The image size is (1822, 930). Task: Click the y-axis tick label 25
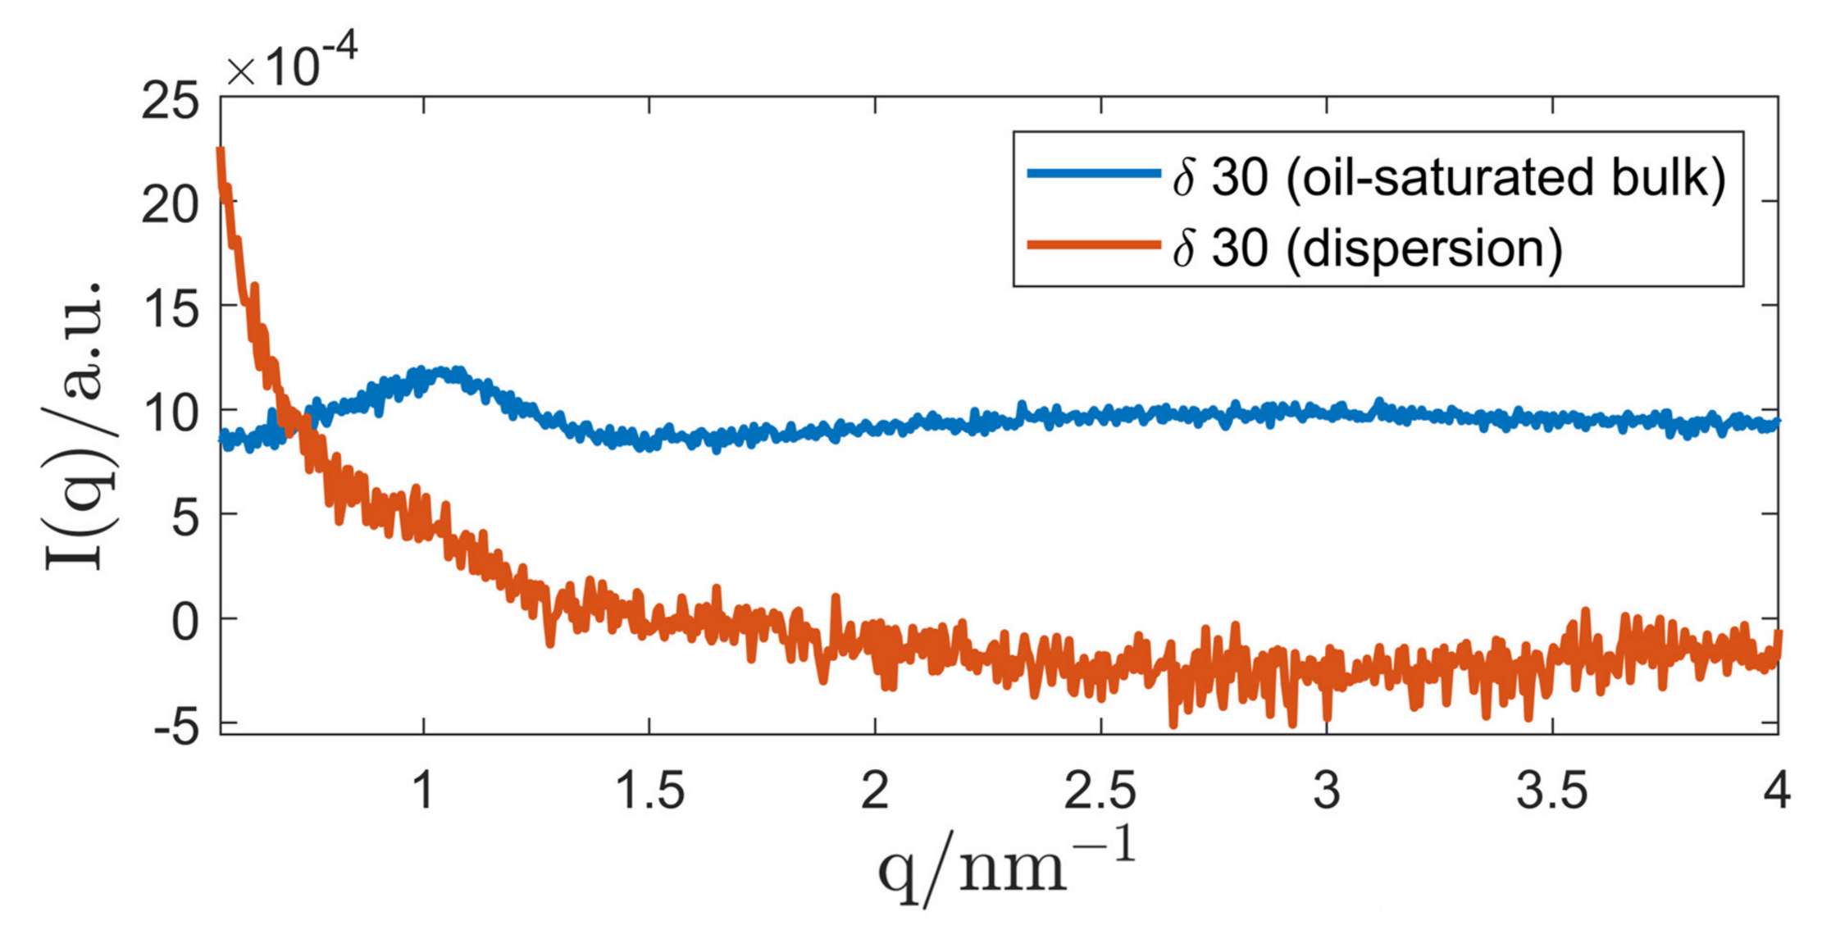tap(170, 103)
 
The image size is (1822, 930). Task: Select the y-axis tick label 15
tap(170, 310)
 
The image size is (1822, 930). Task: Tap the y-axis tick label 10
tap(170, 414)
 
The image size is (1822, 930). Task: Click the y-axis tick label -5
tap(175, 727)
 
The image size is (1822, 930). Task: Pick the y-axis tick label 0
tap(185, 622)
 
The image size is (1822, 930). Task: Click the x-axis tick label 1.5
tap(649, 791)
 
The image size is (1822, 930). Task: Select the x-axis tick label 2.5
tap(1100, 791)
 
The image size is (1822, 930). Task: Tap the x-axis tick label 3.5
tap(1551, 791)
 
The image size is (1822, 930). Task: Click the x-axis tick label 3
tap(1326, 791)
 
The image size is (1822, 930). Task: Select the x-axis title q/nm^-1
tap(1006, 867)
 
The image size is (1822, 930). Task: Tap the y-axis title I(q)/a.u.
tap(75, 426)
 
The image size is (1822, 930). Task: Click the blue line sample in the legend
tap(1094, 173)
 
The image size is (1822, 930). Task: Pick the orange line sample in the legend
tap(1094, 244)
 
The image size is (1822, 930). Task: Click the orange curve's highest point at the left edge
tap(220, 151)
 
